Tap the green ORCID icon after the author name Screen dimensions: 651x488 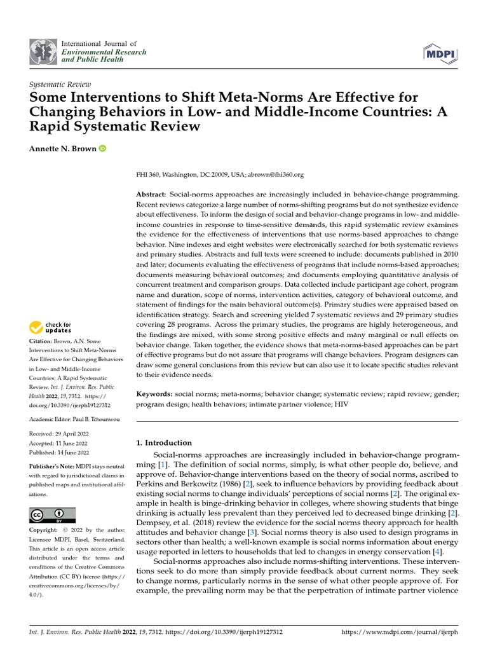(103, 149)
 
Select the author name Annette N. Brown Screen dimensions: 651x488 (63, 149)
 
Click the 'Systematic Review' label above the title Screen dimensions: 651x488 (60, 84)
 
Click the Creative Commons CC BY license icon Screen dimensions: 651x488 (52, 515)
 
